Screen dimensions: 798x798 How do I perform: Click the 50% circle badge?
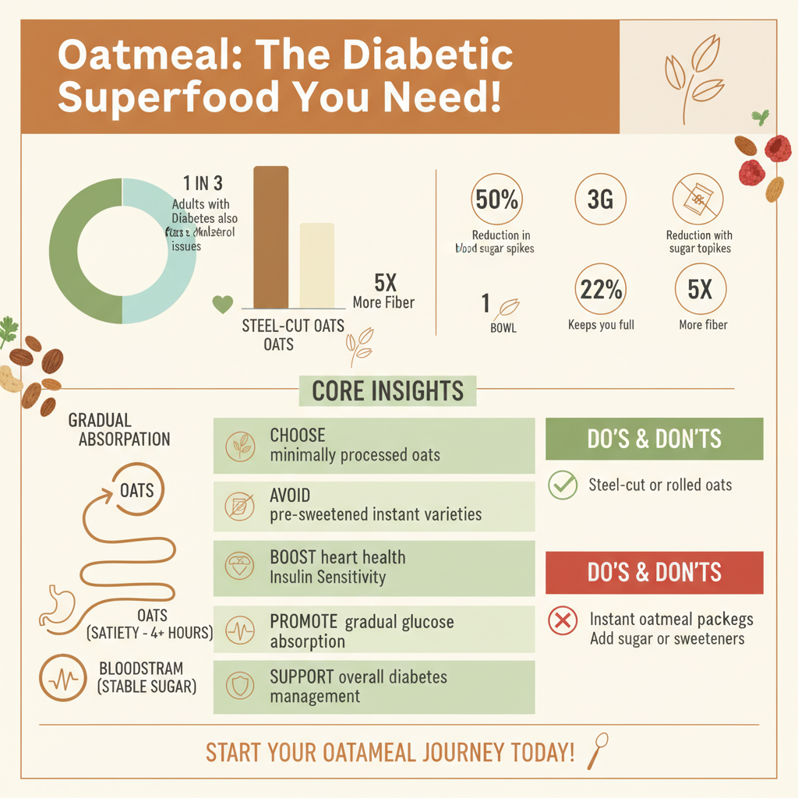point(497,199)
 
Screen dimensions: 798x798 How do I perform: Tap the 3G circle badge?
point(600,199)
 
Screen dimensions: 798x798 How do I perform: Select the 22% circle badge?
point(601,291)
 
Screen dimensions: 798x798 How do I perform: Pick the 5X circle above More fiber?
point(700,291)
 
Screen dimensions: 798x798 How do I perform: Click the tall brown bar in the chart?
point(270,237)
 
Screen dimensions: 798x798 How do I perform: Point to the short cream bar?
point(317,266)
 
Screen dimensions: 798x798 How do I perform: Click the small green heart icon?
point(223,304)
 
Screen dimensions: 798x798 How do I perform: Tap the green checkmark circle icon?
point(562,485)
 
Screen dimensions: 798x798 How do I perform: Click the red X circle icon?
point(562,622)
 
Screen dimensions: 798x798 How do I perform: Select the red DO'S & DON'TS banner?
point(654,573)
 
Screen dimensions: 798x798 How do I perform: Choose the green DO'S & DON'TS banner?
point(654,439)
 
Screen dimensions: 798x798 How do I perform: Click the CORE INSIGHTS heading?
point(387,390)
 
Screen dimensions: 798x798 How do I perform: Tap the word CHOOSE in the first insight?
point(298,436)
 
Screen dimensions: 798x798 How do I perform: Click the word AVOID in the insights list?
point(290,496)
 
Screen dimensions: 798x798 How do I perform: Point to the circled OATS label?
point(137,491)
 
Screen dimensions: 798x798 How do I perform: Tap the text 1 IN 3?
point(203,184)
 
